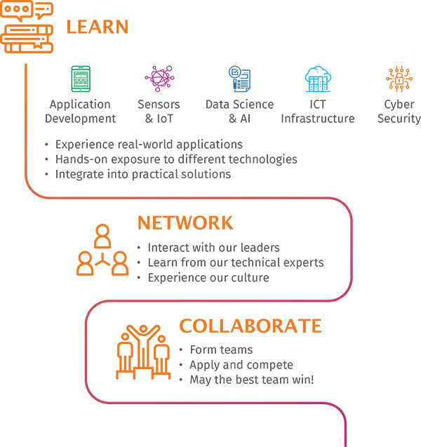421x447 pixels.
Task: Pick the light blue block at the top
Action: click(x=316, y=35)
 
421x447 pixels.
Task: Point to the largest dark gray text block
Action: click(x=210, y=133)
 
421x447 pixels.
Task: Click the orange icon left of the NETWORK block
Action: click(x=98, y=253)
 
